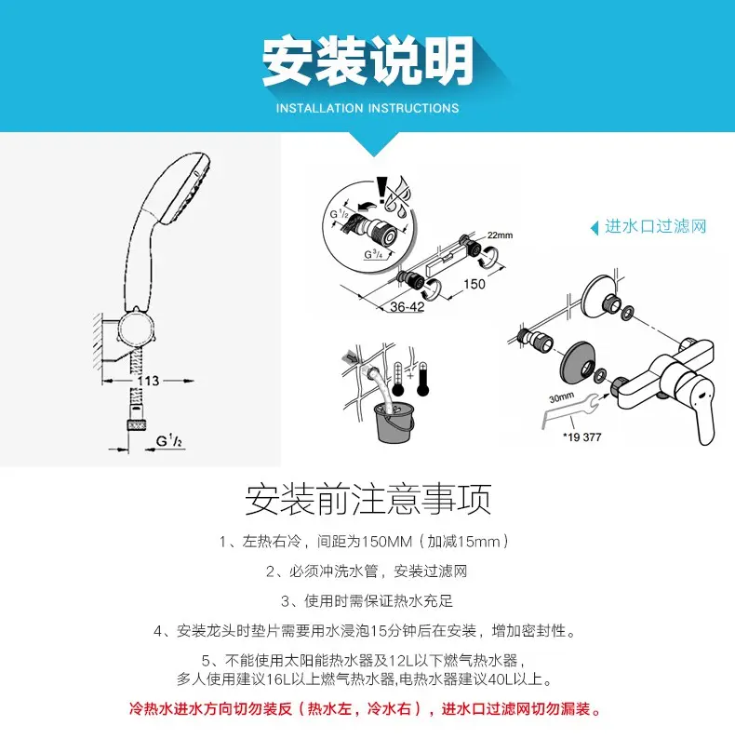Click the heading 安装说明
click(367, 60)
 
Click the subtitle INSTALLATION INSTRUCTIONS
click(367, 108)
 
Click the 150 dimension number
click(474, 284)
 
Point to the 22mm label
click(500, 235)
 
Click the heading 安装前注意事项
click(367, 500)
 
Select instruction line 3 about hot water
click(367, 600)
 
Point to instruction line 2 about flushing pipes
click(367, 571)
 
